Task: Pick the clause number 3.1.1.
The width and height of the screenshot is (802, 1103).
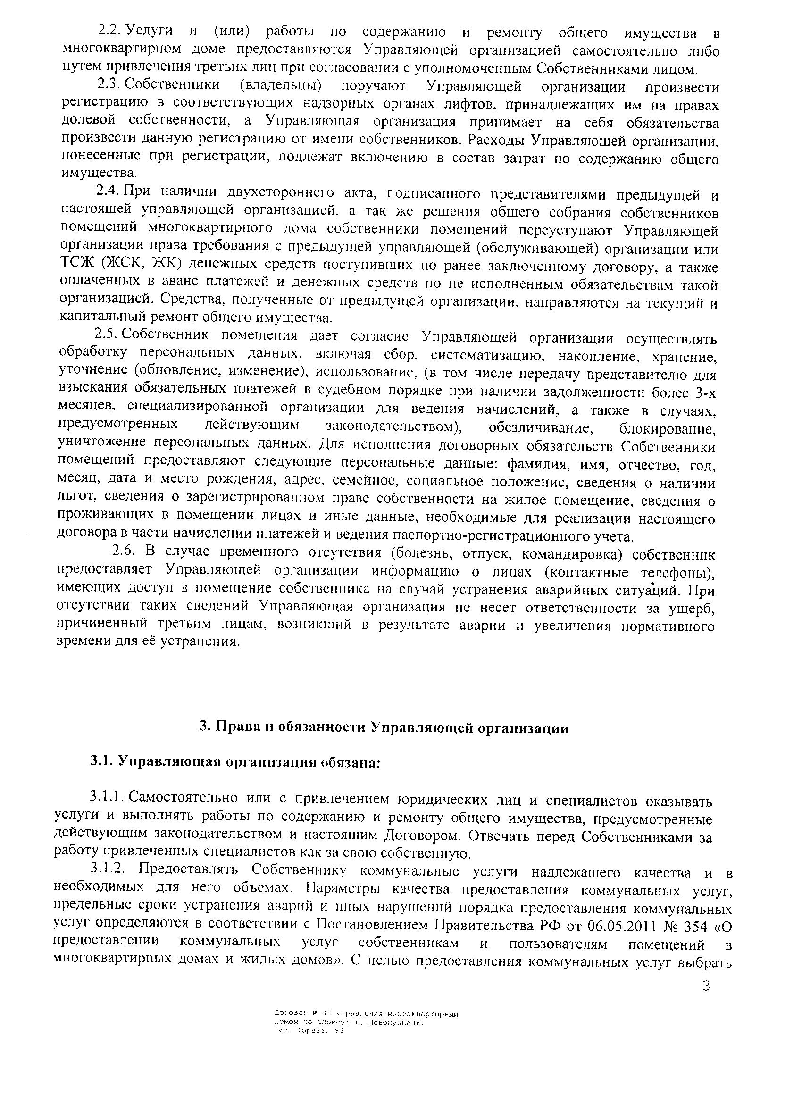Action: pos(107,798)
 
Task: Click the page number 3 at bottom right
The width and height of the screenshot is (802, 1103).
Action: pos(707,986)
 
